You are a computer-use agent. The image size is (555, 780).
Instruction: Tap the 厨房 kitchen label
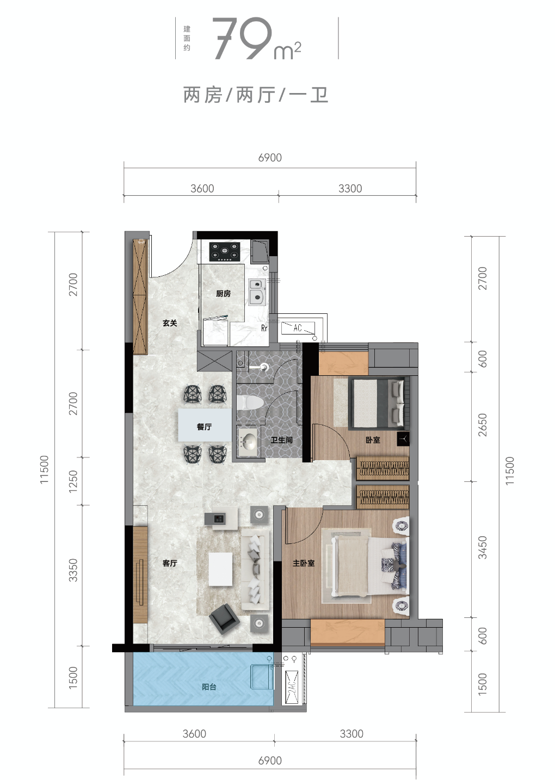(x=223, y=294)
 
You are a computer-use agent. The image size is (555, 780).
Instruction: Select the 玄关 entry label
(x=170, y=323)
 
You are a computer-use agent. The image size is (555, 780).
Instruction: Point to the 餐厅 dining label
(x=205, y=427)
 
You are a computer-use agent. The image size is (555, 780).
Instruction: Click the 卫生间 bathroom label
(x=281, y=440)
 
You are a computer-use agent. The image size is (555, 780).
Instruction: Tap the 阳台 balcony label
(x=209, y=687)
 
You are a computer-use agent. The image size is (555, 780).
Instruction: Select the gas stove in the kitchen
(x=225, y=252)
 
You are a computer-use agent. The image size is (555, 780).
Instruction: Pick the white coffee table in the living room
(x=220, y=569)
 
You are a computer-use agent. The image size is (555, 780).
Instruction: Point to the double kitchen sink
(x=257, y=291)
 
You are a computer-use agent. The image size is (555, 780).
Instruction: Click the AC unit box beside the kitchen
(x=298, y=327)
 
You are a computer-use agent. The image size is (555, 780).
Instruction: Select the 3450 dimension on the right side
(x=482, y=548)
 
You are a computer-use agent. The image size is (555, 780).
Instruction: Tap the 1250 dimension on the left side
(x=73, y=481)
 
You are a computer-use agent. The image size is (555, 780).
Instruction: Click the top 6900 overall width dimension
(x=270, y=158)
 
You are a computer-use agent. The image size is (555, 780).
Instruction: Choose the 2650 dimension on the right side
(x=482, y=425)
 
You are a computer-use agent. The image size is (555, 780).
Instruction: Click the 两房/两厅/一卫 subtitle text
(x=256, y=95)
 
